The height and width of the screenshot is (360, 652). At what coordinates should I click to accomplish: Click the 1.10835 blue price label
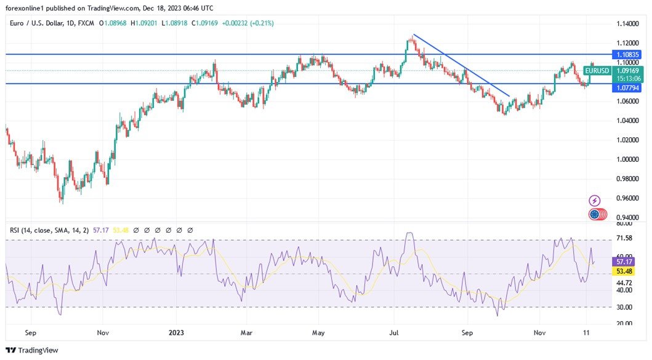pyautogui.click(x=628, y=54)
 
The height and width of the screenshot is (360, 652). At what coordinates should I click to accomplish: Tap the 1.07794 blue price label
pyautogui.click(x=628, y=88)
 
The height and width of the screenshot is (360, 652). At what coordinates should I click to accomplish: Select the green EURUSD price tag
pyautogui.click(x=597, y=71)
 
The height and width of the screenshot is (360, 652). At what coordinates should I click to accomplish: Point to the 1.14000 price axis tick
pyautogui.click(x=628, y=23)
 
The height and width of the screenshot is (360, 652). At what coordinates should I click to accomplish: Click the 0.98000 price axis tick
pyautogui.click(x=628, y=178)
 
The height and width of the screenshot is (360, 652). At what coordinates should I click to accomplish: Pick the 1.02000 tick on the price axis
pyautogui.click(x=628, y=140)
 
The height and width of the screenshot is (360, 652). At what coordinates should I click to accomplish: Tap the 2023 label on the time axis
pyautogui.click(x=175, y=333)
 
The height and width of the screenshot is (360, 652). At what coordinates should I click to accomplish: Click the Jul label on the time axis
pyautogui.click(x=395, y=333)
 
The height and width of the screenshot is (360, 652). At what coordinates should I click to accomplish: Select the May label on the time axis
pyautogui.click(x=318, y=333)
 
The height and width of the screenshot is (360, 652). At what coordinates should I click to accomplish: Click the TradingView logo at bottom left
pyautogui.click(x=32, y=350)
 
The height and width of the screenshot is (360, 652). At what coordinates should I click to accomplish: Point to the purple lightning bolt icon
pyautogui.click(x=595, y=201)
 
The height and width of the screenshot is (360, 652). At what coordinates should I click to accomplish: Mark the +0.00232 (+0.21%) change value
pyautogui.click(x=248, y=23)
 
